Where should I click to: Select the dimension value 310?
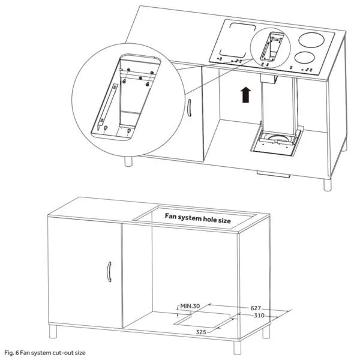pos(260,316)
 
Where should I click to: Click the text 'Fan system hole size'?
pos(197,220)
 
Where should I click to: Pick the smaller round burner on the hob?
pos(304,58)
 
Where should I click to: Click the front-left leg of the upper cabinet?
pos(129,161)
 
